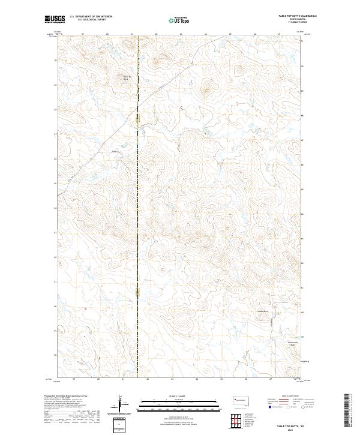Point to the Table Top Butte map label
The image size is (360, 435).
pyautogui.click(x=126, y=78)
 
